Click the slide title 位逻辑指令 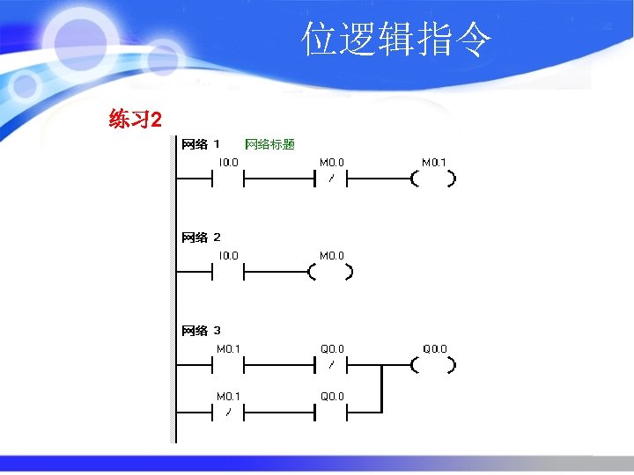396,40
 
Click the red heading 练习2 135,119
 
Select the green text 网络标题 269,144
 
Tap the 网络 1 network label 201,144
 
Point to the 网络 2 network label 201,237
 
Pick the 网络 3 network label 201,331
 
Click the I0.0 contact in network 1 228,179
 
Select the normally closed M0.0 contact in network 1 331,179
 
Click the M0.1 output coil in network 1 433,179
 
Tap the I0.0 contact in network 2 228,273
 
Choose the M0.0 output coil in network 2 331,273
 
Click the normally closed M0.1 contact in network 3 228,413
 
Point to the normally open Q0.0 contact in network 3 331,413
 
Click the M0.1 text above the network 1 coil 434,163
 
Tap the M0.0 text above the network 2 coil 332,256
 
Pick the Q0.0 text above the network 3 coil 434,349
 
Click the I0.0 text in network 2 228,256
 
